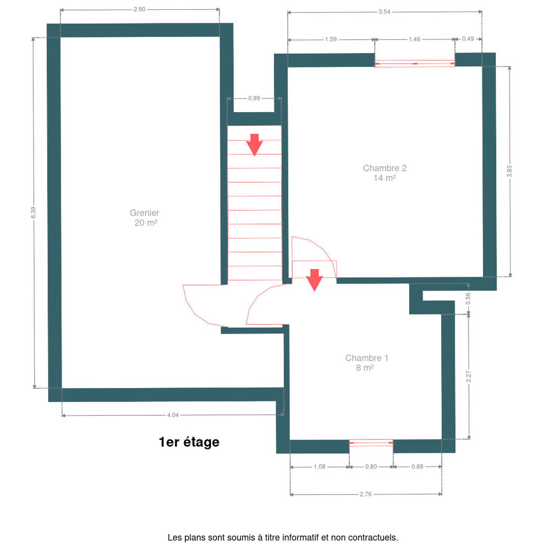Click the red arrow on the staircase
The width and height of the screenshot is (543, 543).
(254, 145)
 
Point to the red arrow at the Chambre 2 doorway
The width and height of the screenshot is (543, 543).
(314, 280)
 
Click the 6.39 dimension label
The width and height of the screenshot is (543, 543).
(33, 212)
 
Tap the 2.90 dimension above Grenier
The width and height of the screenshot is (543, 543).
(140, 9)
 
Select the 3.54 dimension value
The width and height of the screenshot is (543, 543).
(384, 12)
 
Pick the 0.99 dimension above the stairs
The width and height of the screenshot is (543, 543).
(254, 98)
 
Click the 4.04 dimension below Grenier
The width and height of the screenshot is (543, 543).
(173, 415)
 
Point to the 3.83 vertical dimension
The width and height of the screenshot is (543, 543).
(509, 171)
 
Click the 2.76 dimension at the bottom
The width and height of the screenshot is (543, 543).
(365, 494)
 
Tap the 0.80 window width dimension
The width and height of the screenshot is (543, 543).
(371, 466)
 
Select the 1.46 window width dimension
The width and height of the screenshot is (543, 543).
(414, 39)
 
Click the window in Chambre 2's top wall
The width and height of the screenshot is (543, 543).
(414, 63)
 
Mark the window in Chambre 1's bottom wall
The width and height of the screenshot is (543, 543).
(371, 443)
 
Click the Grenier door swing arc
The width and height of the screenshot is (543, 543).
(195, 314)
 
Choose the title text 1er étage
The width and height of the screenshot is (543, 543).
(189, 442)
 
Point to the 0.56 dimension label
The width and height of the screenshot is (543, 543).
(468, 298)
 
